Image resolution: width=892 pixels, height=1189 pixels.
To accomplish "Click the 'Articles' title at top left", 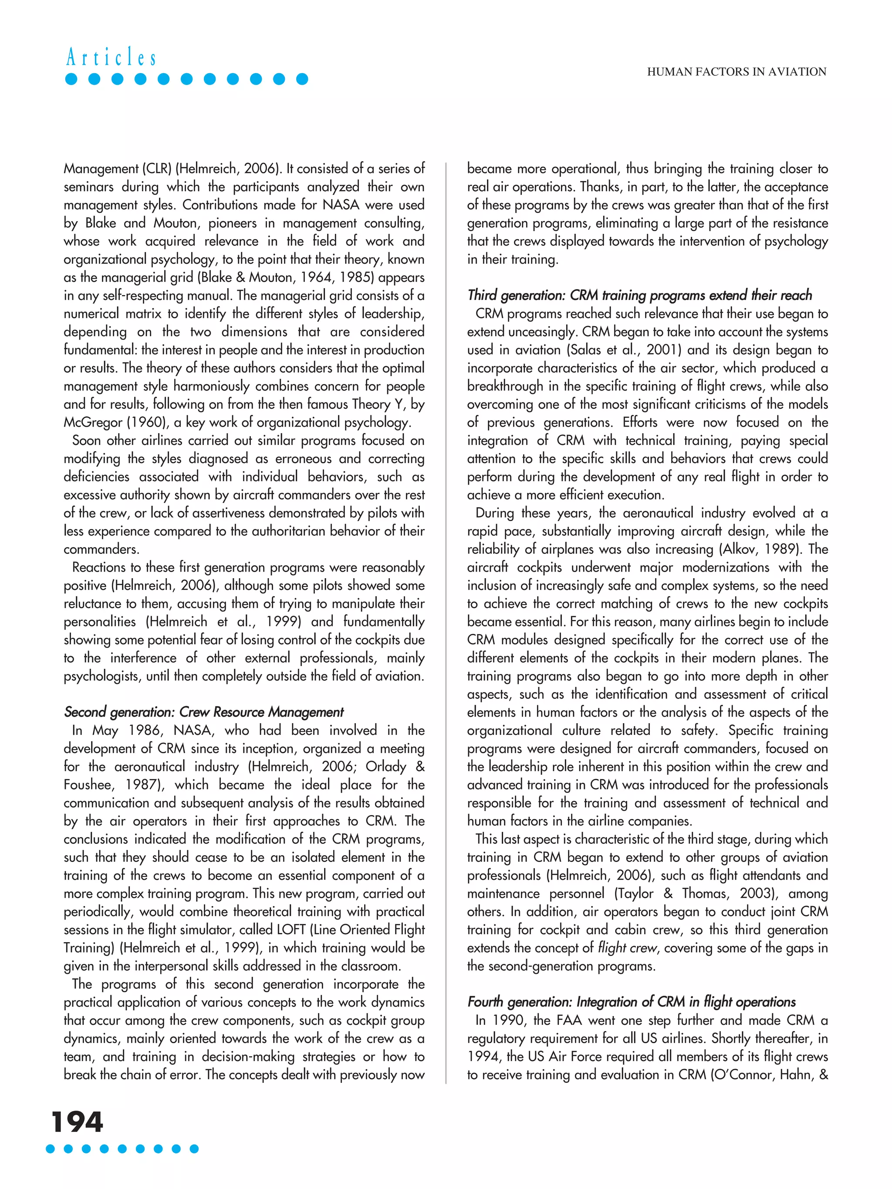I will point(111,57).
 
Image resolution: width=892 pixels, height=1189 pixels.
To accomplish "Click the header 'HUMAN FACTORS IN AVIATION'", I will point(736,72).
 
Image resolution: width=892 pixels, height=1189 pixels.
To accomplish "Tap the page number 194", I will point(77,1122).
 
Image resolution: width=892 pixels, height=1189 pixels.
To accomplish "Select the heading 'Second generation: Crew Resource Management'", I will point(203,712).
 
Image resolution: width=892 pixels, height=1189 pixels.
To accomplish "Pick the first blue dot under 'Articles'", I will point(71,80).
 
